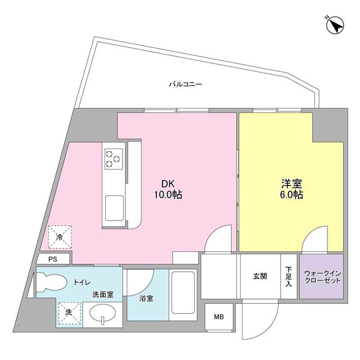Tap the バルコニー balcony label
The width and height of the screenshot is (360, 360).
coord(186,85)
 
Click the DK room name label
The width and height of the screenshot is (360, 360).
coord(168,183)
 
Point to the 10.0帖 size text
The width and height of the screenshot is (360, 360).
coord(168,195)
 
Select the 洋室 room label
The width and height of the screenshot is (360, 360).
coord(291,183)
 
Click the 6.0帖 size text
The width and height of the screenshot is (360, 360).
coord(291,195)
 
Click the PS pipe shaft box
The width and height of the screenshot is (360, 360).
coord(53,259)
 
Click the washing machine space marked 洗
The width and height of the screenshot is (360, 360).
coord(69,313)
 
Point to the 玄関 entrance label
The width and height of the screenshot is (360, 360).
coord(260,276)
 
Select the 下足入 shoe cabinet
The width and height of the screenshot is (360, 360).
coord(288,277)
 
